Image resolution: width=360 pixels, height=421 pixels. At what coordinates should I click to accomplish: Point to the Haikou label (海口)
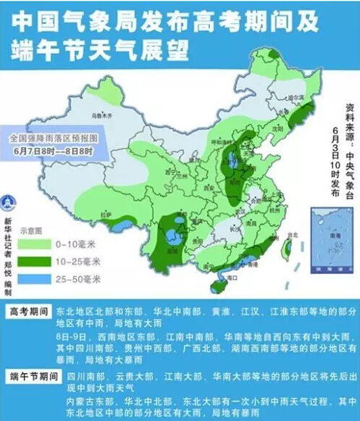(233, 277)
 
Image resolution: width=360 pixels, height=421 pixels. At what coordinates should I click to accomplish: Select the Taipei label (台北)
(293, 235)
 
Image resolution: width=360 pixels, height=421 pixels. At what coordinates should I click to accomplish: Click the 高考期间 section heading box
(30, 312)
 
